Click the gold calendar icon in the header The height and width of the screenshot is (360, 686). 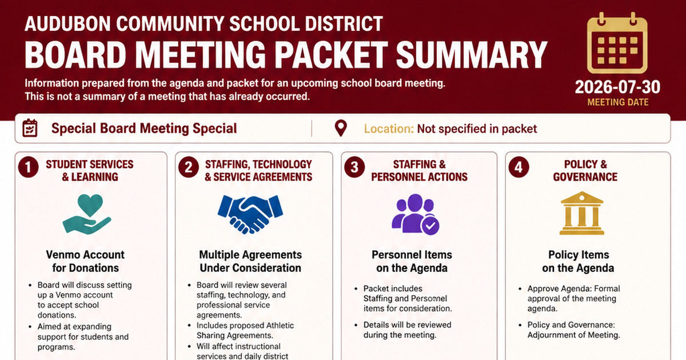pyautogui.click(x=617, y=43)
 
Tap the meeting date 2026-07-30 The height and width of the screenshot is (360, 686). pyautogui.click(x=618, y=87)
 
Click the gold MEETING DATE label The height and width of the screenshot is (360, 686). pyautogui.click(x=618, y=102)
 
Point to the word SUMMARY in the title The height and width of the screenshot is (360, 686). pyautogui.click(x=471, y=55)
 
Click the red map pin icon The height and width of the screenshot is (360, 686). pyautogui.click(x=341, y=128)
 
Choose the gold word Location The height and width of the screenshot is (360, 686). pyautogui.click(x=389, y=129)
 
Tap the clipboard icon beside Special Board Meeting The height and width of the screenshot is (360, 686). pyautogui.click(x=30, y=128)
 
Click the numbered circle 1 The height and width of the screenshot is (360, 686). pyautogui.click(x=28, y=167)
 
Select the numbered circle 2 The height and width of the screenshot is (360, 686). pyautogui.click(x=189, y=167)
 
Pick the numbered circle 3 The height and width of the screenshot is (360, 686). pyautogui.click(x=354, y=167)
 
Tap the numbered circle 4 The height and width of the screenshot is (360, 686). pyautogui.click(x=519, y=167)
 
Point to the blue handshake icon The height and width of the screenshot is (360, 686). pyautogui.click(x=250, y=214)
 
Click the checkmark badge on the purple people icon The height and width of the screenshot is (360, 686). pyautogui.click(x=430, y=226)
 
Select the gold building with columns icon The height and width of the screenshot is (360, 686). pyautogui.click(x=582, y=213)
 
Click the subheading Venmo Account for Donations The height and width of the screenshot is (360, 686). pyautogui.click(x=85, y=262)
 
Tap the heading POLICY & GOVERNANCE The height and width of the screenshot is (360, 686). pyautogui.click(x=585, y=171)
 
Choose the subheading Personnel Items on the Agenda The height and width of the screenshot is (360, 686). pyautogui.click(x=412, y=262)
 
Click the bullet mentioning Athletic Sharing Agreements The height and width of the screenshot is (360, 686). pyautogui.click(x=245, y=330)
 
